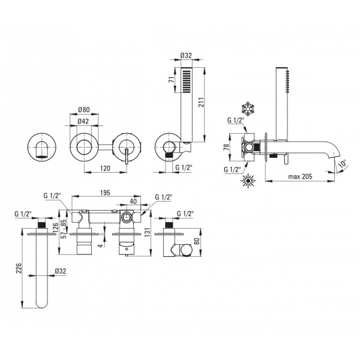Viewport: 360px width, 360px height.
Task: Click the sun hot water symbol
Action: [x=248, y=181]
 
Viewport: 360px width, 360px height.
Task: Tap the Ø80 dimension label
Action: [x=84, y=110]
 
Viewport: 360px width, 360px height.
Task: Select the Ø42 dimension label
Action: [x=83, y=121]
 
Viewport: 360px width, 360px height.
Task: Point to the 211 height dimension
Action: [x=200, y=102]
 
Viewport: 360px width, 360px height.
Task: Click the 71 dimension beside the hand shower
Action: [x=171, y=80]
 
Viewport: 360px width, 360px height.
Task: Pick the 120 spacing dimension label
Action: [x=105, y=168]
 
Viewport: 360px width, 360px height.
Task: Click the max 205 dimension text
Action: [x=301, y=176]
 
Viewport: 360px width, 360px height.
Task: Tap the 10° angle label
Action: [x=343, y=164]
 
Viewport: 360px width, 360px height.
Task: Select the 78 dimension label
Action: [x=226, y=146]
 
